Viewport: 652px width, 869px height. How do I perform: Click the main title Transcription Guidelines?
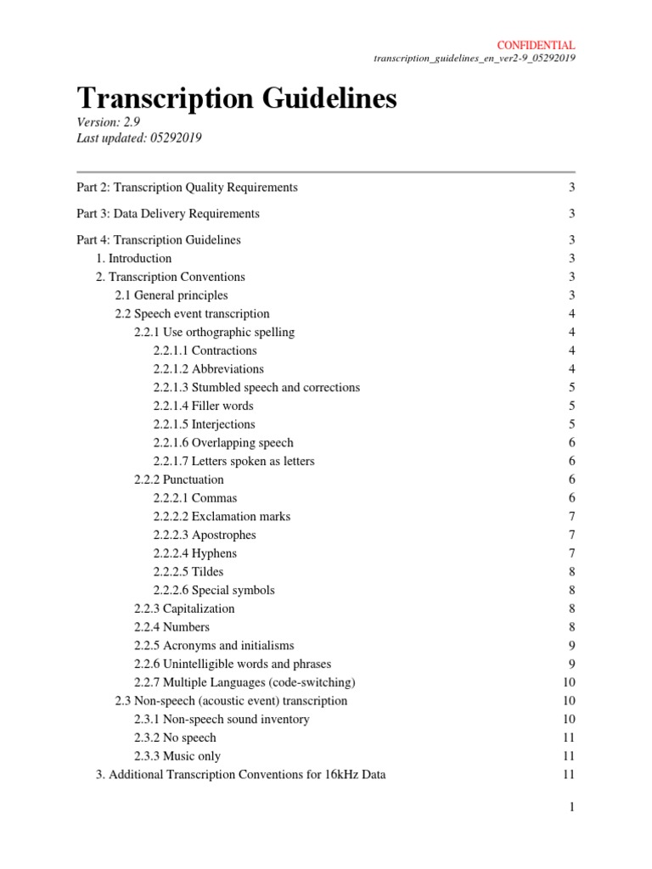coord(237,99)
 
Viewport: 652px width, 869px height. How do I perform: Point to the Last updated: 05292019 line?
coord(139,138)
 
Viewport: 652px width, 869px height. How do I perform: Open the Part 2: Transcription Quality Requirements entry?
coord(187,187)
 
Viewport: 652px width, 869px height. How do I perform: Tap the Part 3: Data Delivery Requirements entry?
coord(168,214)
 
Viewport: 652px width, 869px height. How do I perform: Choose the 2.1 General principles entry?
coord(171,295)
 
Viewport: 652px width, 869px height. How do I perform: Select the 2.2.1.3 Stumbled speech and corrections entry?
coord(256,387)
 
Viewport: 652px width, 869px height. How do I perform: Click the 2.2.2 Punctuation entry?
coord(179,479)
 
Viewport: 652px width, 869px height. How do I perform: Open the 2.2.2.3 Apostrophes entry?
coord(205,535)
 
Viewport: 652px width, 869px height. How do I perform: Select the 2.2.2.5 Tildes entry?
coord(188,572)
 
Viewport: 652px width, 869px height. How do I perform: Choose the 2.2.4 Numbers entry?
coord(173,627)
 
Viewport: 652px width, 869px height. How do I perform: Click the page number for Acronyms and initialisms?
coord(572,646)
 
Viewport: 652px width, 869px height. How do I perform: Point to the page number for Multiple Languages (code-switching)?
coord(569,682)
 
